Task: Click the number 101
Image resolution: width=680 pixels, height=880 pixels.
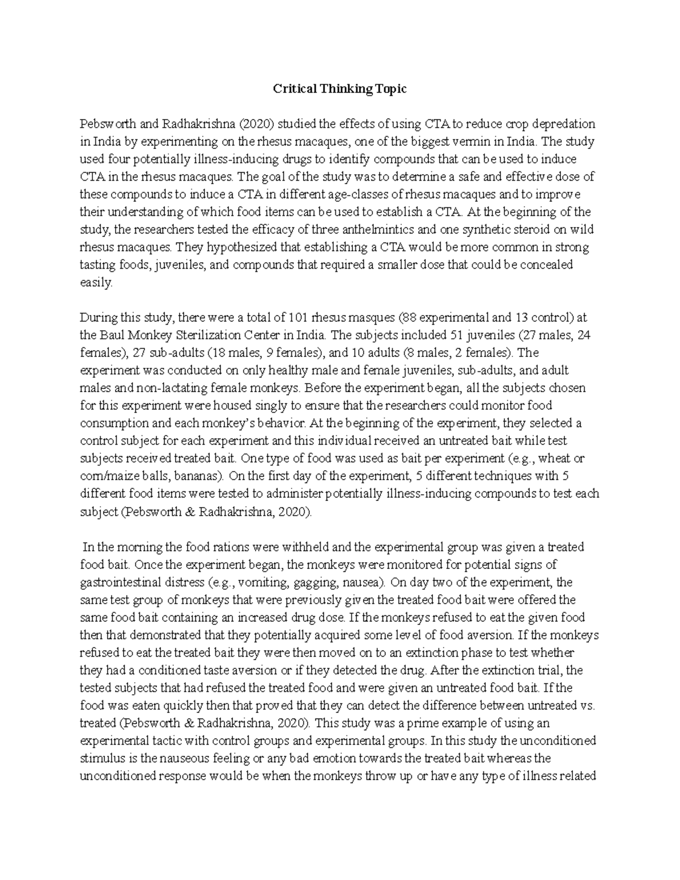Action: click(x=299, y=317)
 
